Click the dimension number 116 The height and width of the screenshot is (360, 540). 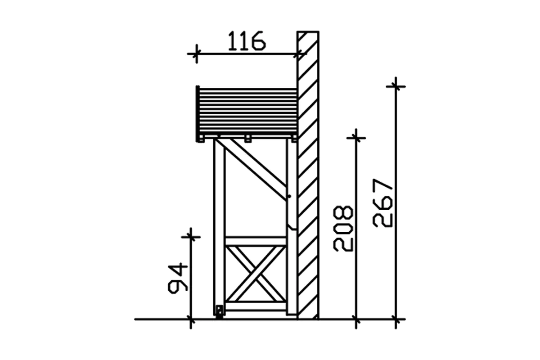click(247, 41)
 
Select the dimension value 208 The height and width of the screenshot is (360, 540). click(343, 229)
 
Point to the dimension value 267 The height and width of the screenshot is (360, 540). click(382, 203)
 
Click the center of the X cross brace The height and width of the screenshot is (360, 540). click(256, 274)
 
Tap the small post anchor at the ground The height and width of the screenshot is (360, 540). click(220, 312)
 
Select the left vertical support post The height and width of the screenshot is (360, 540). click(220, 227)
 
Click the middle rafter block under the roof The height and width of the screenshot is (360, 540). click(248, 139)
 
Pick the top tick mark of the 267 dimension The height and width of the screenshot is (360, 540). click(396, 86)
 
